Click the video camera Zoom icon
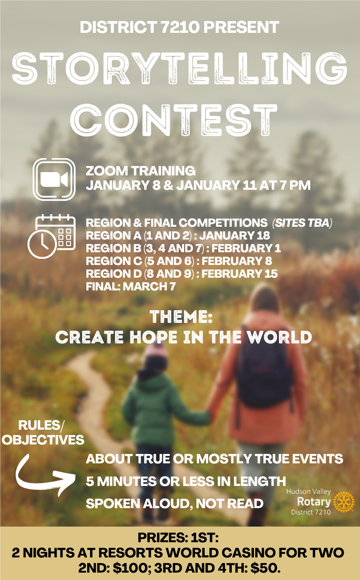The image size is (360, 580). [54, 180]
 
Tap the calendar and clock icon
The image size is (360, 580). [51, 236]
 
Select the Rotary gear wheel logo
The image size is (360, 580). [344, 502]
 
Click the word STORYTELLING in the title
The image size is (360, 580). [180, 68]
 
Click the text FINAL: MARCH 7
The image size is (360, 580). [131, 286]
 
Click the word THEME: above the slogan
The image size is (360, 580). [181, 317]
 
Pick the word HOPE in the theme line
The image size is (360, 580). [153, 338]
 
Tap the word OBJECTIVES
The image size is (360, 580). [43, 440]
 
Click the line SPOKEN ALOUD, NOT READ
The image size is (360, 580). [174, 504]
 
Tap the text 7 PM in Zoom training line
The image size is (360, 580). [295, 185]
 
